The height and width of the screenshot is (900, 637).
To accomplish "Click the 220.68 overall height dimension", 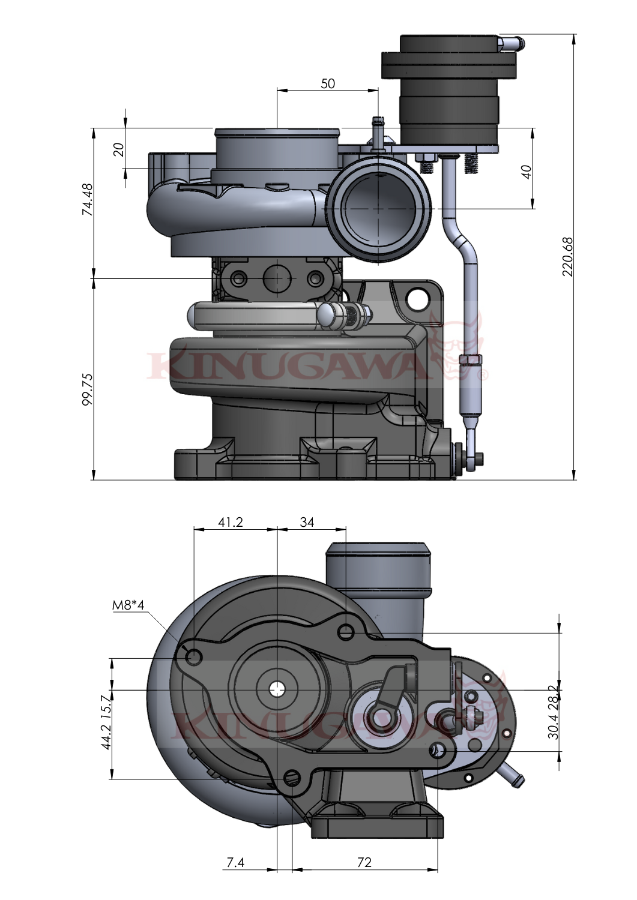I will [567, 257].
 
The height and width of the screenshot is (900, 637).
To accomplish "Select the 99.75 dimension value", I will [88, 391].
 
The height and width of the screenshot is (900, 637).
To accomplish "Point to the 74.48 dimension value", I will [88, 200].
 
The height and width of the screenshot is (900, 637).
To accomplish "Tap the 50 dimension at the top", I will [327, 83].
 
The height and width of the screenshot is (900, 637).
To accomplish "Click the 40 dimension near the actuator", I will [526, 172].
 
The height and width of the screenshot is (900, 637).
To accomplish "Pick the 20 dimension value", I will [119, 148].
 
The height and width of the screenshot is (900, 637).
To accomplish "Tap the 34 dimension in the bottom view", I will [307, 522].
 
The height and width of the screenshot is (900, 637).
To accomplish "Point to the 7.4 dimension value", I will [235, 863].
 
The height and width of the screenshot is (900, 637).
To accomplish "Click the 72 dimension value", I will [364, 863].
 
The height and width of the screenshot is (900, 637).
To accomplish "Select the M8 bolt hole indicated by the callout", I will [193, 656].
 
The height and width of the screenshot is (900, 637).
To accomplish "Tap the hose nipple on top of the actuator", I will [511, 43].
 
